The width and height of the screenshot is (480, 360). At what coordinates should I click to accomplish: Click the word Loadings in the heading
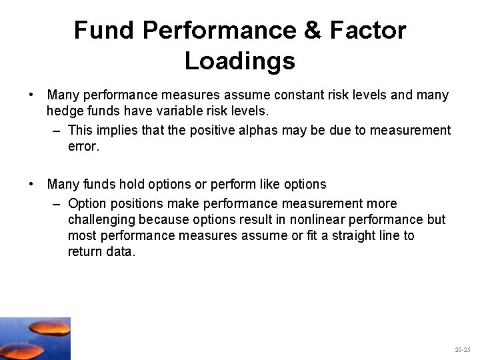[x=239, y=61]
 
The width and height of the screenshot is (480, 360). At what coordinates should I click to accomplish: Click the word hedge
[x=64, y=111]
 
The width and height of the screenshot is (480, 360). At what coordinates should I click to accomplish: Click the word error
[x=83, y=146]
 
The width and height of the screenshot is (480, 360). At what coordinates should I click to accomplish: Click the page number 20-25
[x=462, y=349]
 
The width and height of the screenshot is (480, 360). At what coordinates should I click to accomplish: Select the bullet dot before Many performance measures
[x=32, y=95]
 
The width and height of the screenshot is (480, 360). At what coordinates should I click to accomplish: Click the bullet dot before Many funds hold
[x=32, y=184]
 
